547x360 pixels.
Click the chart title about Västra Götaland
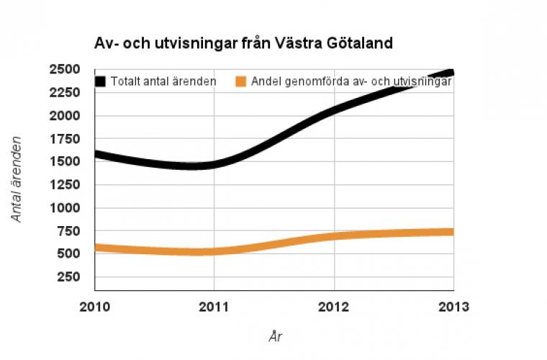tap(243, 43)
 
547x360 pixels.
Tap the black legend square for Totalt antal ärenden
tap(100, 81)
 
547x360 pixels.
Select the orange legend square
tap(242, 81)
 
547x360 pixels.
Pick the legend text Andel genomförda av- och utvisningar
tap(351, 81)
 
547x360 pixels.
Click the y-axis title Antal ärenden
tap(17, 179)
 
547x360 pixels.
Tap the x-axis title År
tap(273, 336)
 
